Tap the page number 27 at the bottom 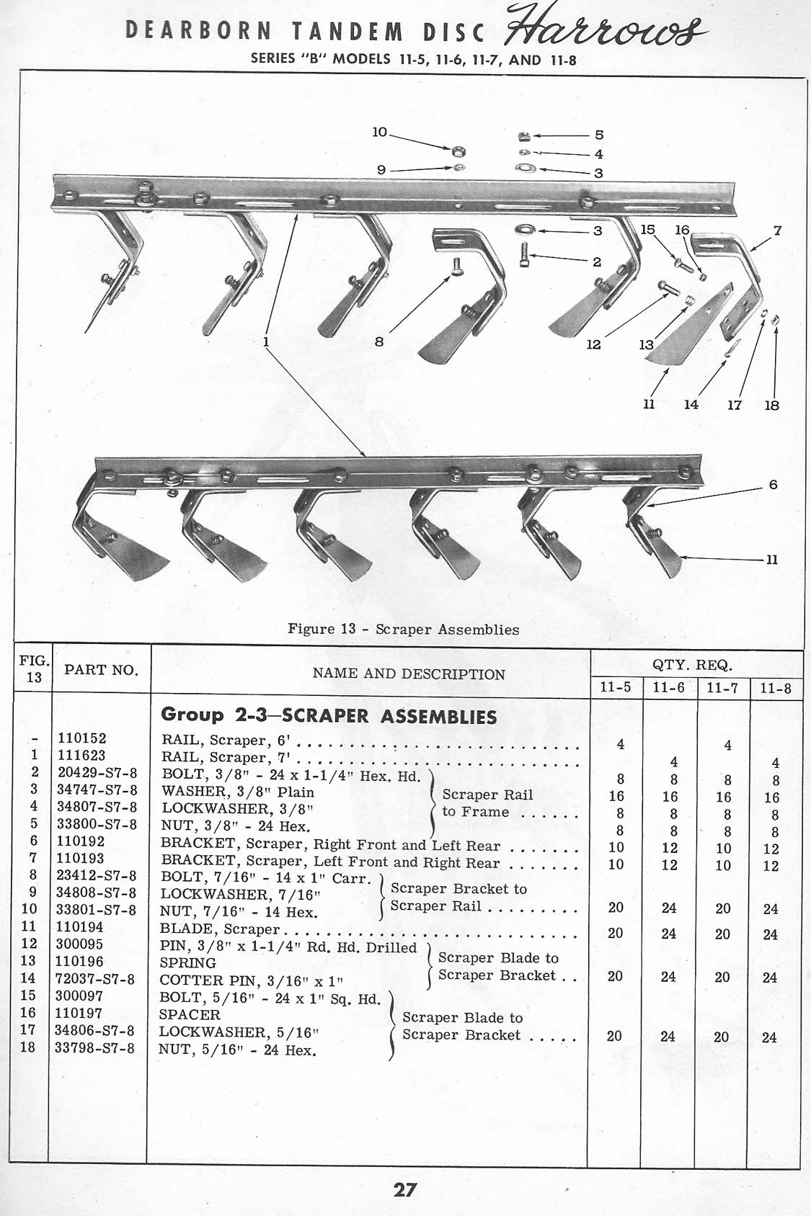point(404,1189)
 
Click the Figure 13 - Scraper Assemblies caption point(403,629)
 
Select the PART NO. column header point(100,670)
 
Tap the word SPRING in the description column point(187,963)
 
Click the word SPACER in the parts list point(190,1014)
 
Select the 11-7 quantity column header point(724,688)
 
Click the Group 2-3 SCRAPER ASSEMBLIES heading point(329,715)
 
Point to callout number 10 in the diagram point(379,133)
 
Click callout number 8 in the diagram point(378,343)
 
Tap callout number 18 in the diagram point(771,406)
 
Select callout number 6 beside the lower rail point(773,485)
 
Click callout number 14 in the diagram point(691,405)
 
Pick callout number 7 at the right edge point(777,232)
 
